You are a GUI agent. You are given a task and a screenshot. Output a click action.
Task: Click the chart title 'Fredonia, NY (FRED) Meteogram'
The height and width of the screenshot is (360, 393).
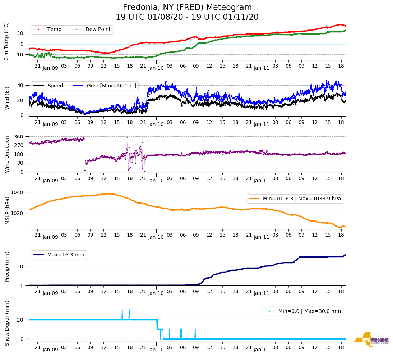click(x=187, y=8)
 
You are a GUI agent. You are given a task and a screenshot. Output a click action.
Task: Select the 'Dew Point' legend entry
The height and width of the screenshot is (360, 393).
click(x=98, y=29)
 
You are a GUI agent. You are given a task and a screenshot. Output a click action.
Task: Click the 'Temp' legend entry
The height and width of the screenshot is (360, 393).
click(x=54, y=29)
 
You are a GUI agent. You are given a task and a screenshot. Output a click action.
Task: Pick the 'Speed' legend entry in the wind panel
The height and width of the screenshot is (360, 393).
click(x=55, y=86)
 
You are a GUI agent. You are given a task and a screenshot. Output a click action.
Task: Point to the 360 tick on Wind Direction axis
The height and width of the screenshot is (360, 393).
click(x=19, y=137)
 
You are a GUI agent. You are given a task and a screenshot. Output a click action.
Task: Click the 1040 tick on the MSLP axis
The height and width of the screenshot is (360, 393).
click(x=18, y=192)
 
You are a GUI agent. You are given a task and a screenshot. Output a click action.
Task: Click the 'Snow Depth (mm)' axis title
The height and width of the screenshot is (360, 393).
click(x=7, y=323)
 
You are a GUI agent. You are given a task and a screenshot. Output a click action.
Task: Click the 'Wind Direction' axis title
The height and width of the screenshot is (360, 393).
click(x=7, y=154)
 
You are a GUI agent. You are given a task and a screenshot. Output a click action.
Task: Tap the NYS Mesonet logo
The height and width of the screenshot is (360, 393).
click(x=371, y=340)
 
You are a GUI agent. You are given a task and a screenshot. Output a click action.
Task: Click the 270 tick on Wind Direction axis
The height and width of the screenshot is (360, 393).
click(x=19, y=145)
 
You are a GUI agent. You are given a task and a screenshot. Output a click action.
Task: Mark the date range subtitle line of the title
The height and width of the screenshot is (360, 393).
click(x=187, y=17)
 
